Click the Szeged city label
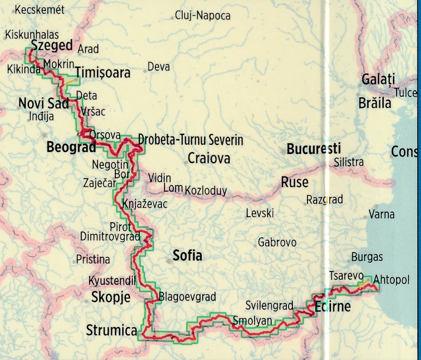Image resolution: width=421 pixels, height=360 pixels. (x=52, y=45)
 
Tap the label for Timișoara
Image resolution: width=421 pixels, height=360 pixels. (x=102, y=73)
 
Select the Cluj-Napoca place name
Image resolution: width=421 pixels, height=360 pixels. (x=203, y=16)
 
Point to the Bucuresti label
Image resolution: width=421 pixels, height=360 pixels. (x=314, y=148)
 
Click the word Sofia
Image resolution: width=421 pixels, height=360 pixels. (x=187, y=255)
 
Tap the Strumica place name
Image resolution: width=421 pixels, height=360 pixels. (x=112, y=330)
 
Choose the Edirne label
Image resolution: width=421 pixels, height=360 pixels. (x=333, y=307)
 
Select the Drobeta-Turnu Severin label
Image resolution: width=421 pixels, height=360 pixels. (x=190, y=140)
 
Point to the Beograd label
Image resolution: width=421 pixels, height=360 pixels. (x=71, y=148)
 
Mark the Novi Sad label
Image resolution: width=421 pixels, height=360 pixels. (x=43, y=103)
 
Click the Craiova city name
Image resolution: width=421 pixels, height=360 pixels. (x=208, y=159)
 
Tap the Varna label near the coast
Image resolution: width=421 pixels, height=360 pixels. (x=381, y=214)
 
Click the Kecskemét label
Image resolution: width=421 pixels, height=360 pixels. (x=40, y=10)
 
